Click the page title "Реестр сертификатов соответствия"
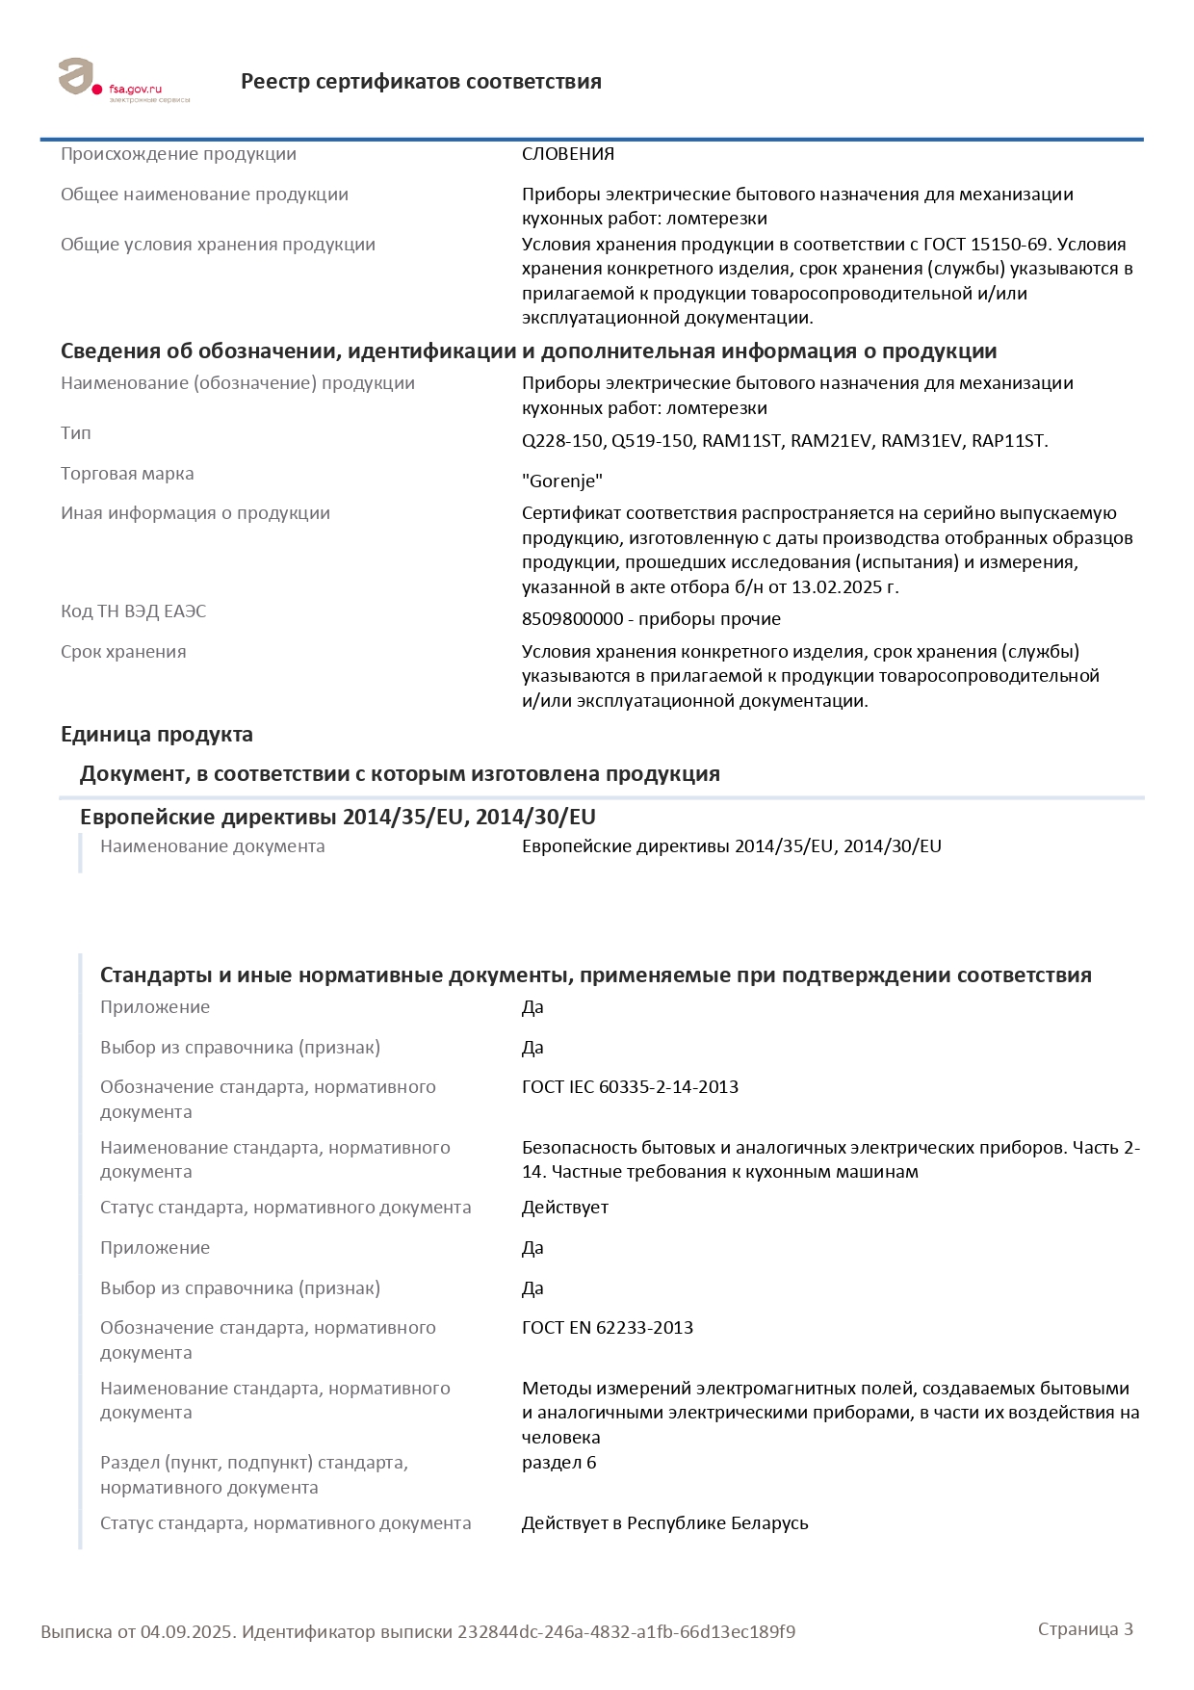tap(421, 82)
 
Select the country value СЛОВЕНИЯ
tap(568, 154)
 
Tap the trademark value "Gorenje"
tap(562, 481)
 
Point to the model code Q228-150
tap(562, 441)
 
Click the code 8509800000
tap(573, 619)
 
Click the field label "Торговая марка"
tap(127, 474)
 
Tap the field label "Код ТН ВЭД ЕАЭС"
tap(133, 611)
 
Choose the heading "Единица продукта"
tap(157, 735)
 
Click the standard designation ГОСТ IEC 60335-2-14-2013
tap(630, 1087)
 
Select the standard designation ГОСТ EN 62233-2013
tap(608, 1328)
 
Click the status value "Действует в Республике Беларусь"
tap(664, 1523)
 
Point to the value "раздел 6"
tap(558, 1463)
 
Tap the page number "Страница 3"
tap(1085, 1629)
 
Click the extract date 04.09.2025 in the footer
tap(187, 1632)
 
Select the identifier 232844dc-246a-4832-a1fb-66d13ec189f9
tap(626, 1632)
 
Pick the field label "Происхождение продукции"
tap(178, 154)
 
